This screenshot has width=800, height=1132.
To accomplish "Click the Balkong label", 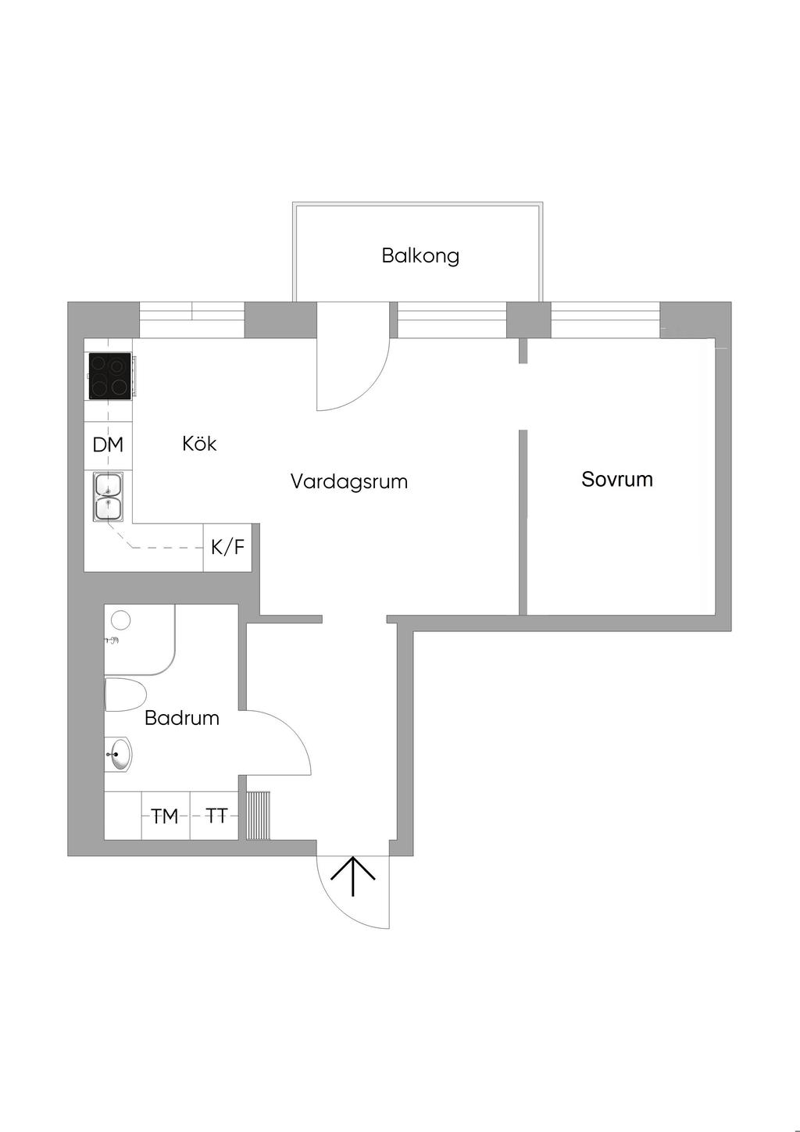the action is [x=420, y=255].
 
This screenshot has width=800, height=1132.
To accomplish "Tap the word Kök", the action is [x=199, y=444].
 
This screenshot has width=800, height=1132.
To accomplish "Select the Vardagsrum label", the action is [x=349, y=481].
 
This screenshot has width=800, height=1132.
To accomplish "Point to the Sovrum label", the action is [x=617, y=479].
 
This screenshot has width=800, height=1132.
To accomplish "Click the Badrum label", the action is [x=182, y=718].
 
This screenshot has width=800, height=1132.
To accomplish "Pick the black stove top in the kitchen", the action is [x=109, y=376].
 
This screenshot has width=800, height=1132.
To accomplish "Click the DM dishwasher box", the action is [x=108, y=445].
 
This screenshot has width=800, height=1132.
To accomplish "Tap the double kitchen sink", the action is [x=108, y=498].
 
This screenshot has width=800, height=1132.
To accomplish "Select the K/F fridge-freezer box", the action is [x=227, y=548].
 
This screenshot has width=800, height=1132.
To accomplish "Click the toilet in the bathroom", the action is [x=125, y=695].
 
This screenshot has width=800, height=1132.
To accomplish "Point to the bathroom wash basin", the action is [x=120, y=755].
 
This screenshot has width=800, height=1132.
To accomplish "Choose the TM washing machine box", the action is [x=165, y=816].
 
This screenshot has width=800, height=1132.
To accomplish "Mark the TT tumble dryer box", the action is [x=216, y=816].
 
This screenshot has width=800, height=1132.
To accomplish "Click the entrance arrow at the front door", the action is [x=353, y=877].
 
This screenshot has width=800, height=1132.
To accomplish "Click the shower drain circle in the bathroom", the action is [x=120, y=620].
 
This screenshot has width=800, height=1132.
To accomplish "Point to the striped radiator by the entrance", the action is [x=259, y=816].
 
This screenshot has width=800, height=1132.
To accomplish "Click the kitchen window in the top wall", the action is [x=192, y=320].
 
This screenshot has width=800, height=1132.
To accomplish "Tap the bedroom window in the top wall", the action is [x=605, y=320].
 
